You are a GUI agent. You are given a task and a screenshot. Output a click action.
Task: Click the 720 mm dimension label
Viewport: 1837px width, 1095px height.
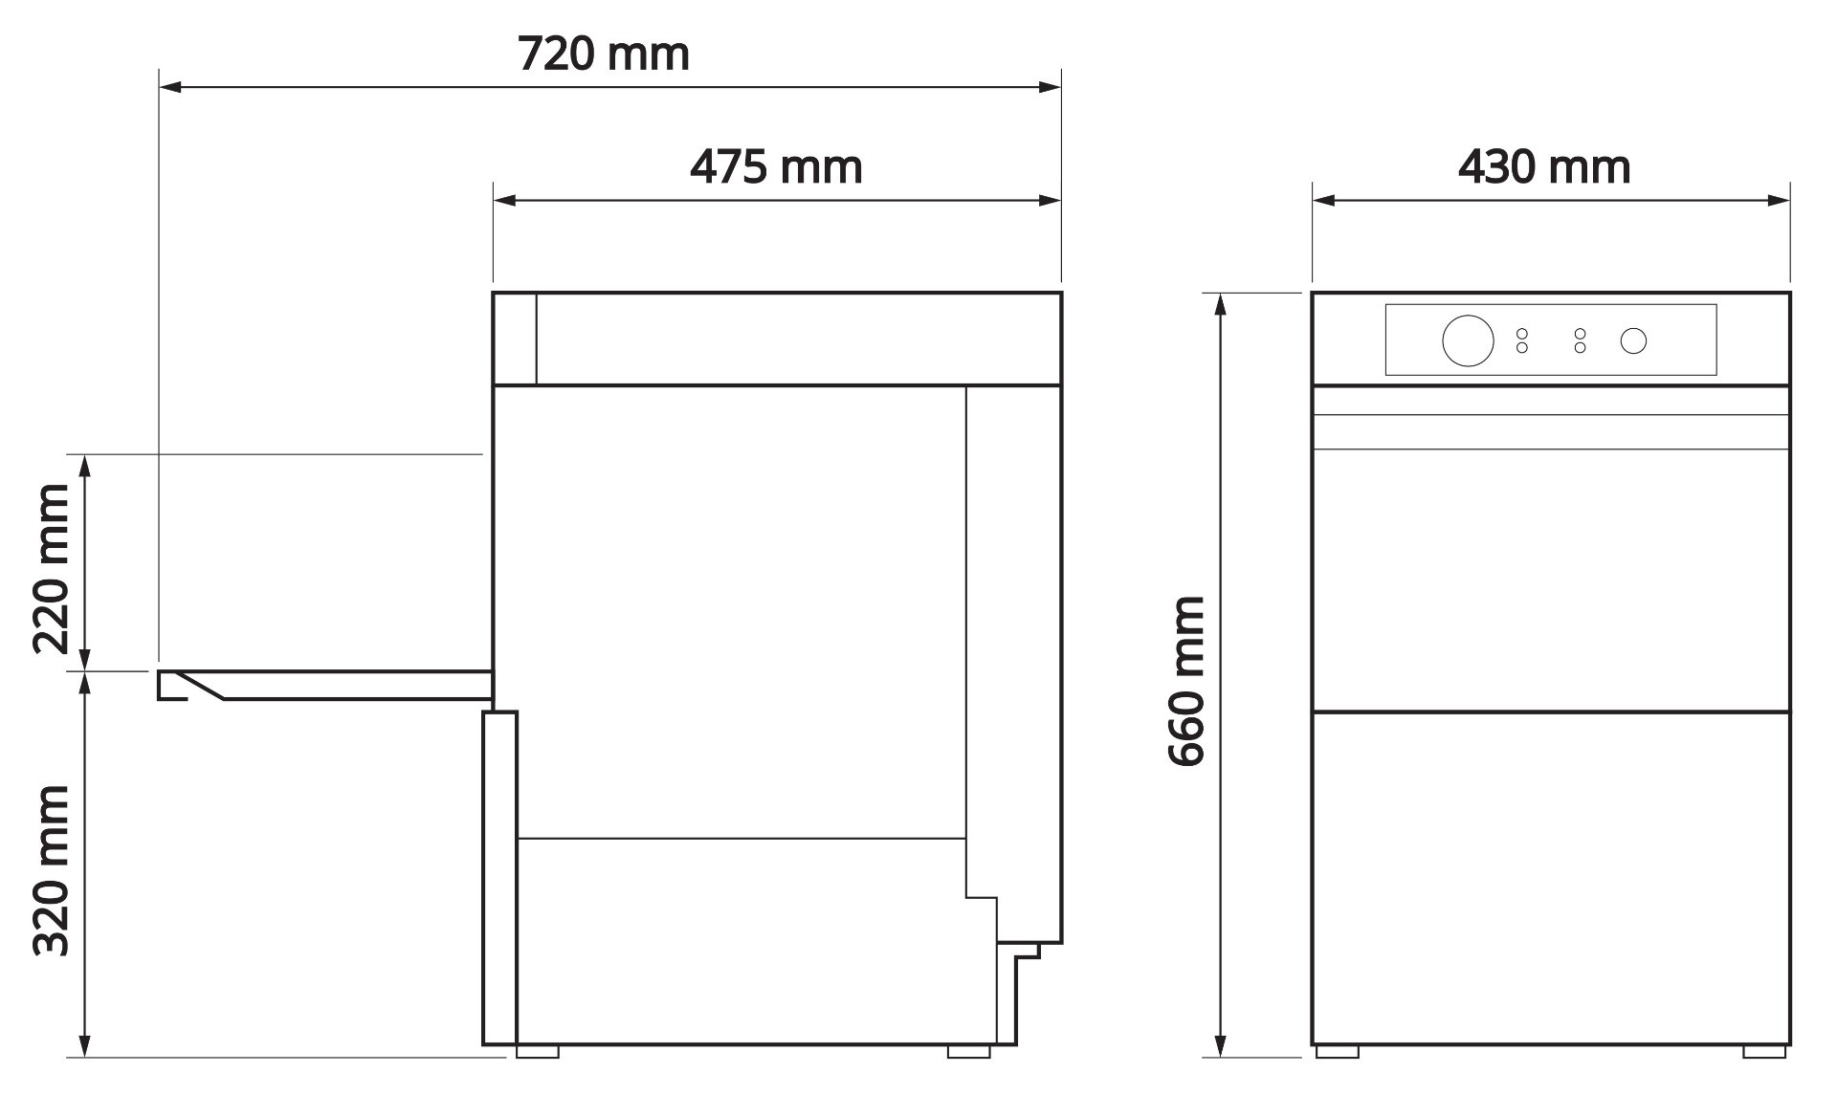click(603, 55)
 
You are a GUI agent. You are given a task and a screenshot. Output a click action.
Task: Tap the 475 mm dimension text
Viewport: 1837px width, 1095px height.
click(776, 167)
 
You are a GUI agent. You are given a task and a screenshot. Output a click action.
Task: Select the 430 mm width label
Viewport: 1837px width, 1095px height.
click(1543, 167)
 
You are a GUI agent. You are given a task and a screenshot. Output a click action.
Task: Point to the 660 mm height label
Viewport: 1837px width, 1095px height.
click(1187, 681)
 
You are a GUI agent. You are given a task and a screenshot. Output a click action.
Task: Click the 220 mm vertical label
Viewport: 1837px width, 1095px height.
click(52, 568)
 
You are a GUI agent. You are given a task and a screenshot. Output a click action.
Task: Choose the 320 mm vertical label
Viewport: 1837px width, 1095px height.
click(52, 870)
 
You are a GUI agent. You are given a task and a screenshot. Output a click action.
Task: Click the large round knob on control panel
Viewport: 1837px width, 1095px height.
click(1468, 340)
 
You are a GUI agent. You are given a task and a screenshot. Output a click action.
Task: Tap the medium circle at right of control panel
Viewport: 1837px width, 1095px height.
click(1633, 340)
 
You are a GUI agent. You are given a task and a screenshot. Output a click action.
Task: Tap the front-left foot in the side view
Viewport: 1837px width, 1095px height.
click(537, 1051)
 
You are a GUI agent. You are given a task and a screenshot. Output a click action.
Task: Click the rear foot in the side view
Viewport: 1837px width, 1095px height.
click(968, 1051)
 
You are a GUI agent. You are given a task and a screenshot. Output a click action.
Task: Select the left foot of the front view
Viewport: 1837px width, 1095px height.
click(1337, 1051)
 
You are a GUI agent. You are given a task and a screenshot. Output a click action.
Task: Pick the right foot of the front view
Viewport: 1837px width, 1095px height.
click(1763, 1051)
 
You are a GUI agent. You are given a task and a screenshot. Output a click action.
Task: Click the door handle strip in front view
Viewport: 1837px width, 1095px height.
click(1550, 431)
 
